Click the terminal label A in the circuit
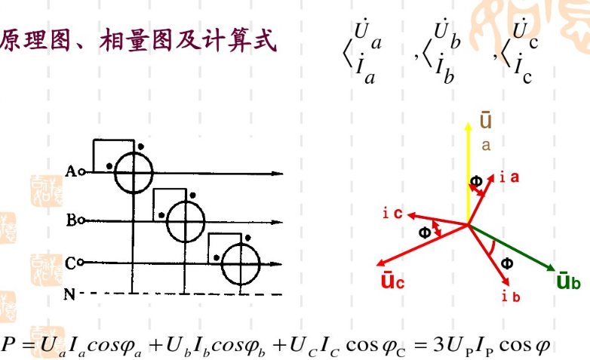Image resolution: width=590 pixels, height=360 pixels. coord(70,171)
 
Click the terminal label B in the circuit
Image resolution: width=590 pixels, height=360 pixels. coord(72,220)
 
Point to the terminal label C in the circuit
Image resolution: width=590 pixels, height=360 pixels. coord(71,263)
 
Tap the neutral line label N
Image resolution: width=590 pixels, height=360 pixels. coord(69,294)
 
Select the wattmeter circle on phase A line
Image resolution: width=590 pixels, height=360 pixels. coord(134,173)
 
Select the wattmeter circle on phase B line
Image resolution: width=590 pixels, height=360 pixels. coord(186,221)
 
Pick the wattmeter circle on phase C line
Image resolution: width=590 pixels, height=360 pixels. coord(241,263)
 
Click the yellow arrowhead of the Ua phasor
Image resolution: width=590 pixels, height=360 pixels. coord(468,127)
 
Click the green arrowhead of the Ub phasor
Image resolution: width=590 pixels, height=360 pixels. coord(551,268)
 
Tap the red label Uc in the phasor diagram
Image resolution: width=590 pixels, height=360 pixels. coord(392,280)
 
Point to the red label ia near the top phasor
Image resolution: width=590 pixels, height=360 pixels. coord(509,177)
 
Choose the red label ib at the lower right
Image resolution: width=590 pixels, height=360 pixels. coord(511,297)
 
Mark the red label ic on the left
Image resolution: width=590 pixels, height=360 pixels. coord(392,214)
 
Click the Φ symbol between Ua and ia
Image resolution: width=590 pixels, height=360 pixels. coord(476,181)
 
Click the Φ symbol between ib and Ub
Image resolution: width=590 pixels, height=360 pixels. coord(507,263)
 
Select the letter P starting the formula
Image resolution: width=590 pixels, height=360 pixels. coord(8,344)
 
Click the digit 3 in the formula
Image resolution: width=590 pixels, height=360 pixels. coord(438,344)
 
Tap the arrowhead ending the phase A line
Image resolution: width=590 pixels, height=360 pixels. coord(278,174)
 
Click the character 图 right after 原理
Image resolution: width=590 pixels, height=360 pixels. coord(60,40)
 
